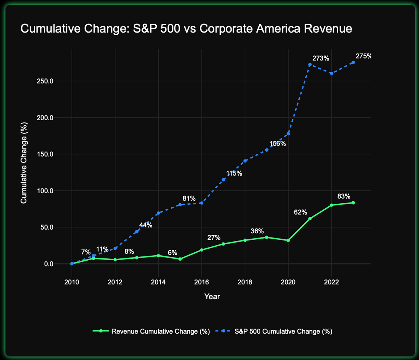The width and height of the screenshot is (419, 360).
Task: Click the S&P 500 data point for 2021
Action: [x=310, y=64]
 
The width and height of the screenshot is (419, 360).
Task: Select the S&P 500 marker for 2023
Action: [x=353, y=62]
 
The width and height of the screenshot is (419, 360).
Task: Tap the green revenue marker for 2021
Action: [x=310, y=218]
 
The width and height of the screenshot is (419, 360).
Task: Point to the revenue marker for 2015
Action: [x=180, y=259]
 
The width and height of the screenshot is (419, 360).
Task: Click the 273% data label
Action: [x=320, y=59]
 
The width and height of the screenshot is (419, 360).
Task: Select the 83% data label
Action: [x=344, y=196]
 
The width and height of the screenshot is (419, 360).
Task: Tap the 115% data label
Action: [x=234, y=173]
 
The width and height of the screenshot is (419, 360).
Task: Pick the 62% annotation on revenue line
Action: [x=300, y=212]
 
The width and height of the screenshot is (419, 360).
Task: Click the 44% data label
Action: [x=145, y=225]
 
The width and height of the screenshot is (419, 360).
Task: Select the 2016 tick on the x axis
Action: [x=201, y=281]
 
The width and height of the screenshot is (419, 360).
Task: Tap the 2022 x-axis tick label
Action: [x=331, y=281]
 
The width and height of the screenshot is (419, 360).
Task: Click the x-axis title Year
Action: [x=212, y=296]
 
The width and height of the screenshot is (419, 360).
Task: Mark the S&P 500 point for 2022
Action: [x=331, y=73]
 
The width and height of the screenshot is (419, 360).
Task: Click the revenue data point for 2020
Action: [x=288, y=241]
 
